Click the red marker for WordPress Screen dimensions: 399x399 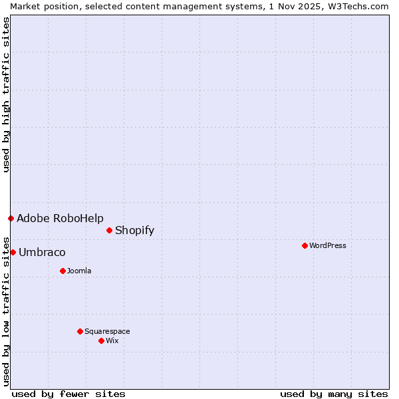click(305, 245)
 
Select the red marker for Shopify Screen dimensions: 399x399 click(109, 230)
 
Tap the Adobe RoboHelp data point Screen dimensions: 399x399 click(11, 218)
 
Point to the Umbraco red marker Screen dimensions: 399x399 click(13, 252)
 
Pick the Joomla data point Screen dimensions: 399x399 click(63, 271)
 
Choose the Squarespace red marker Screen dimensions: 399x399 click(80, 331)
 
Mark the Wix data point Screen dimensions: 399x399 click(101, 340)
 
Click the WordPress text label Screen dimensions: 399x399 click(327, 245)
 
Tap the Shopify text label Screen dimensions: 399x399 click(134, 230)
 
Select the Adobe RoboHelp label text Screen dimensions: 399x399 click(60, 218)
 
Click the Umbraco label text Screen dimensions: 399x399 click(42, 252)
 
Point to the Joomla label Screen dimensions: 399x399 click(79, 271)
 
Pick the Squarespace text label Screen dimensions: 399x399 click(107, 331)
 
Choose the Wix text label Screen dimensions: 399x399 click(112, 340)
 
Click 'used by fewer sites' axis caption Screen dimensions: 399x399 click(68, 394)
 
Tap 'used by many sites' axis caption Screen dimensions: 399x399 click(334, 394)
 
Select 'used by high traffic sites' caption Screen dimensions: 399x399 click(6, 94)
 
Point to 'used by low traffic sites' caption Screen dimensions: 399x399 click(6, 311)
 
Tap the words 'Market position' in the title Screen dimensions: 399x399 click(40, 6)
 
